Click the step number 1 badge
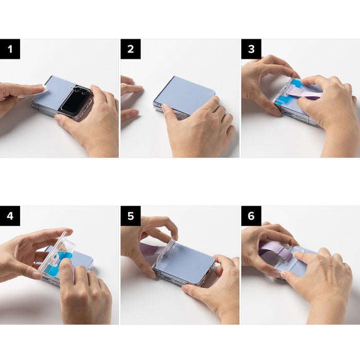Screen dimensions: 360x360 pos(10,49)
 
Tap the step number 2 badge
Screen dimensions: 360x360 pos(131,49)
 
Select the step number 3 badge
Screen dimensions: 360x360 pos(251,49)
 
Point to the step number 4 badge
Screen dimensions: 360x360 pos(10,216)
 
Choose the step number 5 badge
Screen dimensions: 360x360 pos(131,216)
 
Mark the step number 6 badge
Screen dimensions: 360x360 pos(251,216)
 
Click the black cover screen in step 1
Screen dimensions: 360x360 pos(74,100)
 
